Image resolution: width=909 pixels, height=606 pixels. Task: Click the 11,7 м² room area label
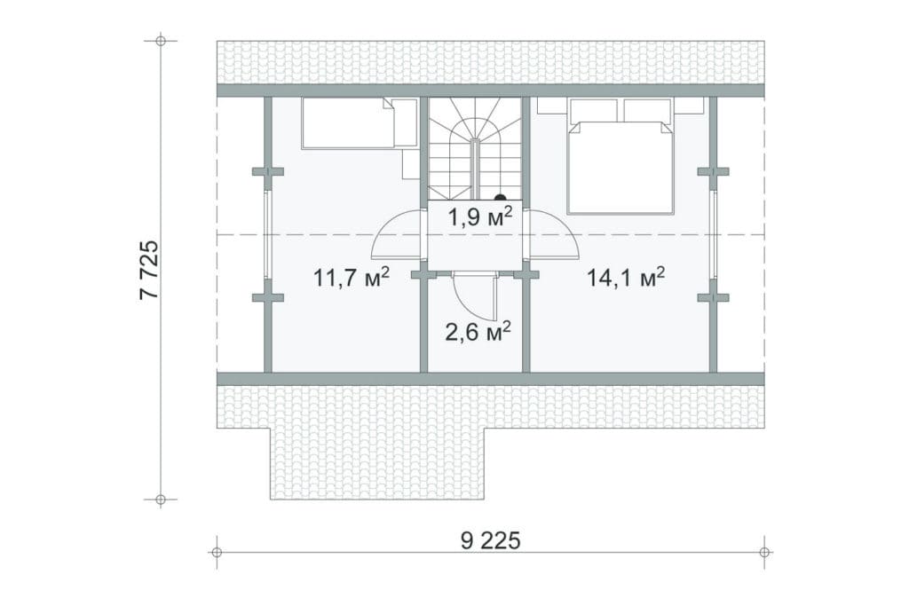coord(352,277)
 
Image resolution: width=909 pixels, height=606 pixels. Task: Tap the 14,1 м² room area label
coord(626,277)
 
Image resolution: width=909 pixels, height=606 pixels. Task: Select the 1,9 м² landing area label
coord(480,216)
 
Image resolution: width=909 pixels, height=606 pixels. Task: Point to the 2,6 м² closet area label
coord(478,332)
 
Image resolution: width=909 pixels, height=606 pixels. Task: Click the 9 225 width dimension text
coord(491,540)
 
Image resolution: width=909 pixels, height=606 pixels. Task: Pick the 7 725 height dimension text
coord(149,269)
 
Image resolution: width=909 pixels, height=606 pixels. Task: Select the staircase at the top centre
coord(476,149)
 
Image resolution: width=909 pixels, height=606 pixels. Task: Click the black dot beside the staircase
coord(500,198)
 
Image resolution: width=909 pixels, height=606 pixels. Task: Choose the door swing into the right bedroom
coord(554,234)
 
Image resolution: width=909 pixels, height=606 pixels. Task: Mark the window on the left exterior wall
coord(268,234)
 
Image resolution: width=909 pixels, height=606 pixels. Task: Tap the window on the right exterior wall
coord(713,234)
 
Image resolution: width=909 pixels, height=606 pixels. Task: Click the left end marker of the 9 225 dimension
coord(217,552)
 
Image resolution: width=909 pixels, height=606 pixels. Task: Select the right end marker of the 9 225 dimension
coord(764,552)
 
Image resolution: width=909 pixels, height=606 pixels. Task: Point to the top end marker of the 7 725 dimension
coord(161,41)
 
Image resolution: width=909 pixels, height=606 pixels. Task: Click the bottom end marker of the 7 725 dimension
coord(161,499)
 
